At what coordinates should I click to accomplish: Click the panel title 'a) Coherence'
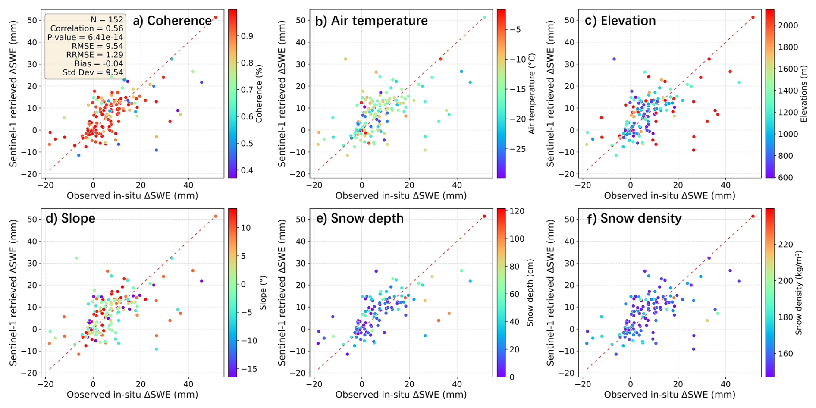[x=172, y=21]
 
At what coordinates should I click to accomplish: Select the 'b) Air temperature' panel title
[x=371, y=21]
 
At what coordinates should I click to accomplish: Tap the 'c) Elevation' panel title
[x=620, y=21]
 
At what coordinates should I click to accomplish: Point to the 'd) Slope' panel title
[x=70, y=218]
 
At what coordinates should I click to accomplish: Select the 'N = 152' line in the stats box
[x=107, y=20]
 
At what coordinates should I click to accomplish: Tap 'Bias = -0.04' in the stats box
[x=99, y=64]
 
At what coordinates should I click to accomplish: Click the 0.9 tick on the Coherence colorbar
[x=247, y=36]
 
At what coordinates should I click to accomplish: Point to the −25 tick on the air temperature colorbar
[x=517, y=149]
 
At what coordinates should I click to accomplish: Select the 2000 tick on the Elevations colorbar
[x=788, y=25]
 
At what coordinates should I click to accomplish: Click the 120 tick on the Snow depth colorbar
[x=517, y=211]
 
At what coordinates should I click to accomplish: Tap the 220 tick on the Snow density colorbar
[x=785, y=245]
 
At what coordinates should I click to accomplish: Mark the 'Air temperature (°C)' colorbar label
[x=531, y=94]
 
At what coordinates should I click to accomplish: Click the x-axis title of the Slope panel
[x=132, y=395]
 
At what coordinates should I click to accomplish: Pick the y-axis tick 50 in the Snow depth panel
[x=300, y=219]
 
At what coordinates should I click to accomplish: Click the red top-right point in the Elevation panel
[x=753, y=17]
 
